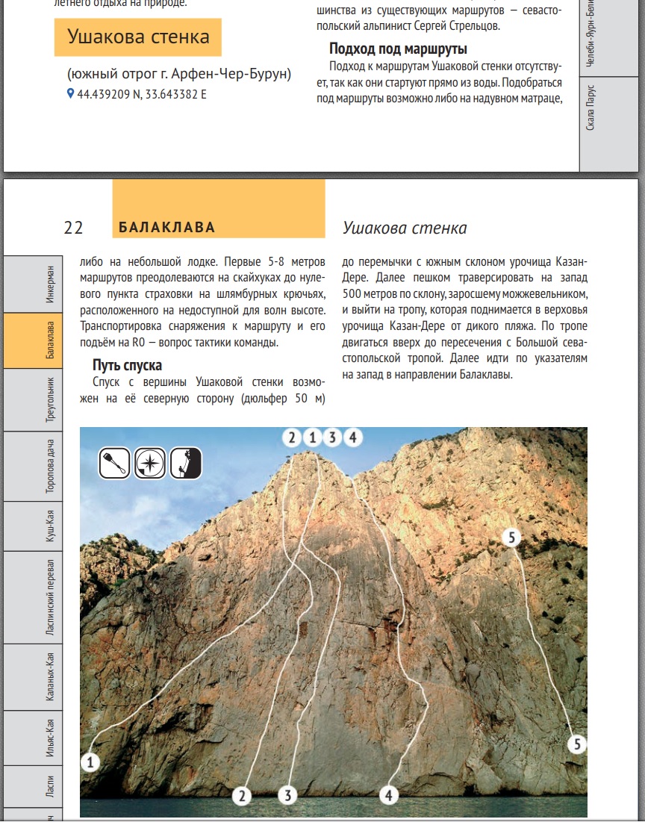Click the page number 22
pos(73,228)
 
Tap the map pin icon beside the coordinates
pos(71,94)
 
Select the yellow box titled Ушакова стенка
pos(138,37)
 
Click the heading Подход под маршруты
pos(398,49)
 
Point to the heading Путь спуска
pos(128,366)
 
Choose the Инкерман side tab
pos(49,284)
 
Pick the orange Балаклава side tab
pos(49,340)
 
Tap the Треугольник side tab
pos(49,400)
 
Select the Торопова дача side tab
pos(49,467)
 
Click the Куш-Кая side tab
pos(49,526)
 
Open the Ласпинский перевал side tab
pos(49,597)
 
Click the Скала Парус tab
pos(591,109)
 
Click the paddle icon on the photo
pos(115,463)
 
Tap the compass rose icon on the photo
pos(150,463)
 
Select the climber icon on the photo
pos(186,463)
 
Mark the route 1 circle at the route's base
pos(90,762)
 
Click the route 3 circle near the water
pos(288,795)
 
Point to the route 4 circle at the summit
pos(352,438)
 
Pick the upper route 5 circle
pos(511,537)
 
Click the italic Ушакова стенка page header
pos(405,228)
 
